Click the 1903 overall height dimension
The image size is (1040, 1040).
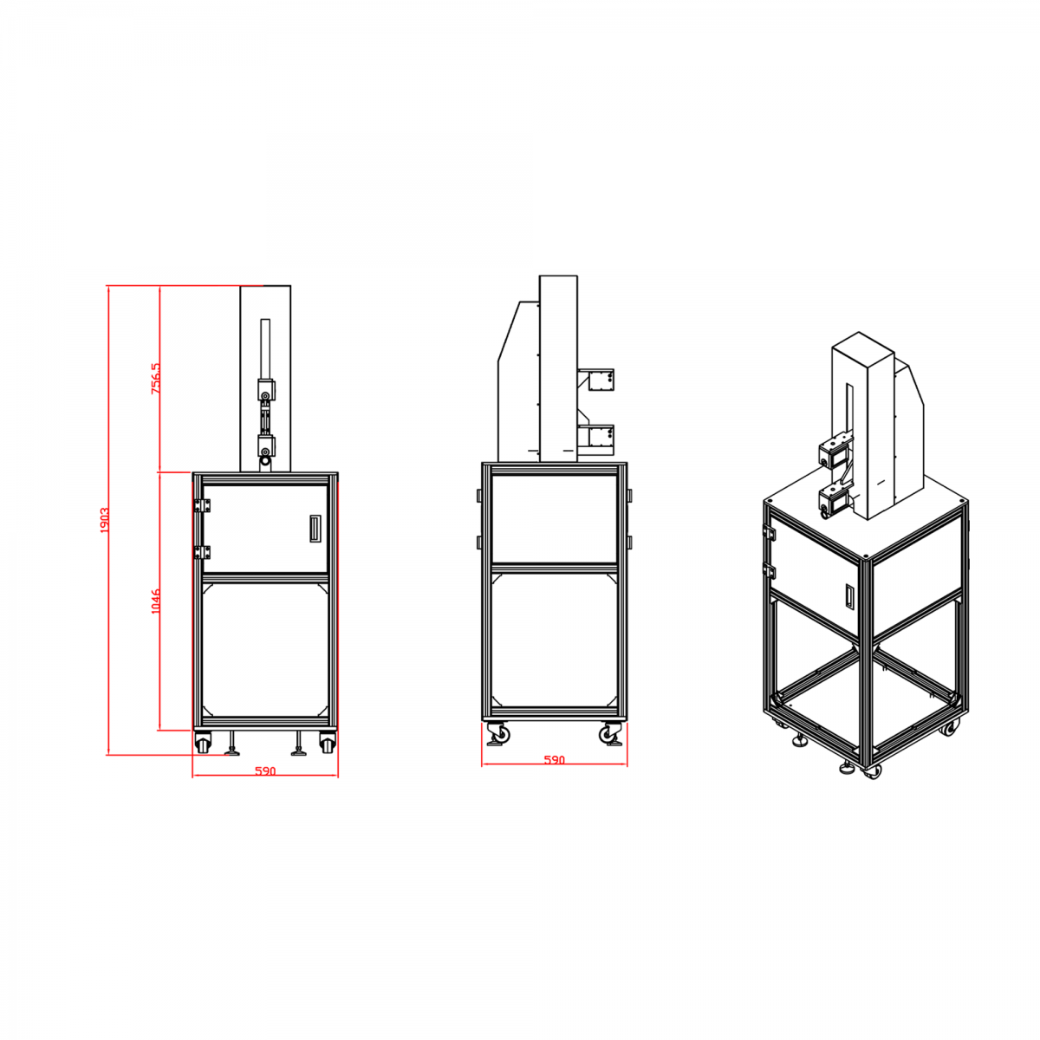coord(105,520)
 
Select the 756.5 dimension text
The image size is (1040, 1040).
coord(155,379)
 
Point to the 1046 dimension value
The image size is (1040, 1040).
coord(155,601)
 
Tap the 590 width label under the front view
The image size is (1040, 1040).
coord(265,771)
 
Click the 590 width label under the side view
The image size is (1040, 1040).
coord(554,760)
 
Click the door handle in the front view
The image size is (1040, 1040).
coord(314,529)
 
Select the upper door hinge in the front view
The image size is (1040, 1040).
coord(203,505)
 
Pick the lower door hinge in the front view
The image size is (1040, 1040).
coord(203,552)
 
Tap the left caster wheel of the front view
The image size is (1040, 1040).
coord(203,743)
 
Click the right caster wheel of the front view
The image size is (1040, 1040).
coord(327,743)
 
